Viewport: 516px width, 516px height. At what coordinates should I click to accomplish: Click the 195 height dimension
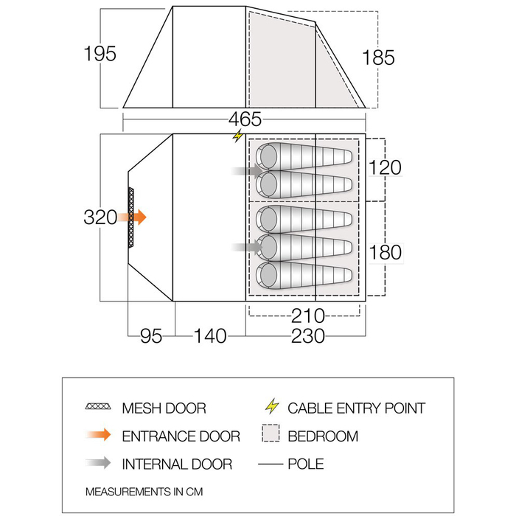[x=100, y=54]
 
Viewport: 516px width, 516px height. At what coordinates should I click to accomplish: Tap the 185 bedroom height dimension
[x=378, y=57]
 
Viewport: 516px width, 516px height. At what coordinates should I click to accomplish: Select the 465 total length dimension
[x=245, y=119]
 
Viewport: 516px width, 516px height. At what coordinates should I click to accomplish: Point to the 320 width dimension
[x=100, y=217]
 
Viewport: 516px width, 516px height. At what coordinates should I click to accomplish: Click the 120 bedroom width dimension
[x=385, y=167]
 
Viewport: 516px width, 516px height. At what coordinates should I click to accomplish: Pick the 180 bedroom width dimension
[x=386, y=252]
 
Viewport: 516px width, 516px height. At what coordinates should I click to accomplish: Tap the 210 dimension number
[x=308, y=316]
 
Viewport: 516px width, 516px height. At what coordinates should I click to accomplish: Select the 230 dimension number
[x=308, y=336]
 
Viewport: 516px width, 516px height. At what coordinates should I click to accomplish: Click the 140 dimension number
[x=210, y=336]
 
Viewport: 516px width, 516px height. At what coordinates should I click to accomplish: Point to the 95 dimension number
[x=151, y=336]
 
